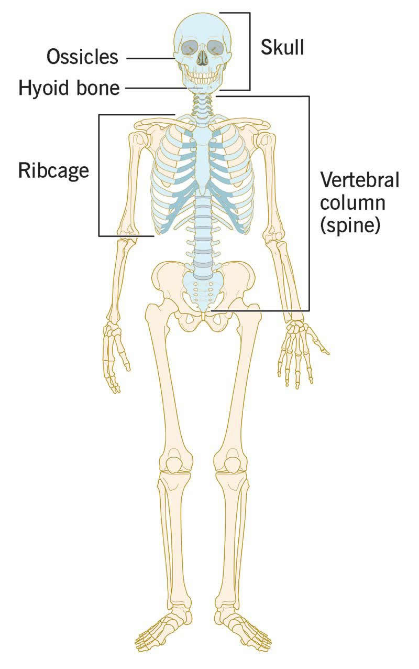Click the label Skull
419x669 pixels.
click(282, 48)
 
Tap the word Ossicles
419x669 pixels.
click(82, 57)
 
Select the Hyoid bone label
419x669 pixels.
click(69, 88)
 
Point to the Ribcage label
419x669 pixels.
click(53, 170)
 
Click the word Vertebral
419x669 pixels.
click(359, 180)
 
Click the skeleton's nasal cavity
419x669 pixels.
click(202, 59)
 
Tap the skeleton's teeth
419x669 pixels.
click(202, 78)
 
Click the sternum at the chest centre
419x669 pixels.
click(202, 157)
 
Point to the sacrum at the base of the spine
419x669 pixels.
click(203, 294)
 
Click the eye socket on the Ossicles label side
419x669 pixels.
click(189, 48)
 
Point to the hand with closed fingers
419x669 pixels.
click(116, 357)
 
